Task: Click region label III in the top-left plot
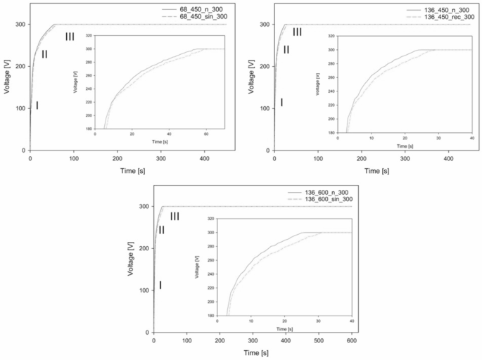(70, 37)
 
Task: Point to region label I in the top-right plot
(281, 103)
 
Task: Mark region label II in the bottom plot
(162, 230)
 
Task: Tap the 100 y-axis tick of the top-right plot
(265, 108)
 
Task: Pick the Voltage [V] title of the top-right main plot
(250, 88)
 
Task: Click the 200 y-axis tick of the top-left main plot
(20, 66)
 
